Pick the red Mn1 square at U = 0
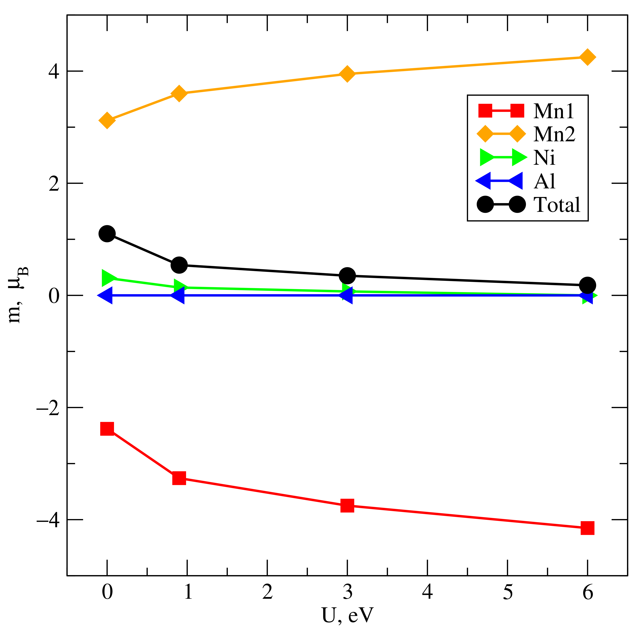[107, 429]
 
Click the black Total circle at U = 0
[107, 234]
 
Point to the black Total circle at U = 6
[587, 285]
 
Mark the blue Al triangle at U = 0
[105, 295]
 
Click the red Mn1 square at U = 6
[587, 528]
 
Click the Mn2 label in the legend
[554, 134]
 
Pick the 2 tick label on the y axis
[54, 183]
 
